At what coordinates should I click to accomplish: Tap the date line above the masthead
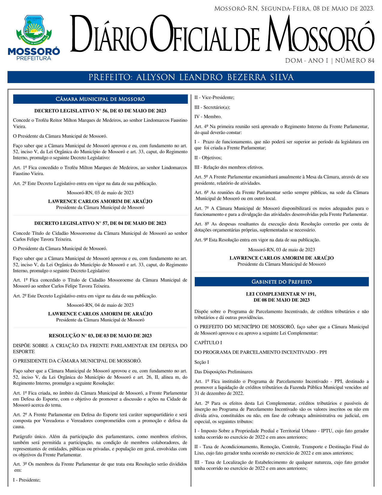click(x=294, y=9)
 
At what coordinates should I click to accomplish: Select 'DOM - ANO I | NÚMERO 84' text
click(x=330, y=61)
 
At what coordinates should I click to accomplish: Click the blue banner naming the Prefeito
click(x=191, y=77)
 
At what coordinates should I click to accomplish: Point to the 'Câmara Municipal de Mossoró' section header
click(x=100, y=99)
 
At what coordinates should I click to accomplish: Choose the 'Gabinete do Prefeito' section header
click(x=281, y=282)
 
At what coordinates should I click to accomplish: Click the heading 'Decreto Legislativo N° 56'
click(x=100, y=111)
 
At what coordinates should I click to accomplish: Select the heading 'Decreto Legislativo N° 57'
click(x=100, y=223)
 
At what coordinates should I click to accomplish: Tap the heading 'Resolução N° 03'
click(x=100, y=336)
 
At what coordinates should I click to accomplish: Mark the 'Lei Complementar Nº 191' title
click(x=281, y=297)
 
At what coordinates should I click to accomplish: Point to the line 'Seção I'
click(x=202, y=362)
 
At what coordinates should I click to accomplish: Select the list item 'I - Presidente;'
click(x=27, y=480)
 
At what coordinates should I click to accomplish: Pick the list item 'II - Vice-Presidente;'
click(x=214, y=97)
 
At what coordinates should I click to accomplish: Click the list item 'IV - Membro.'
click(x=208, y=117)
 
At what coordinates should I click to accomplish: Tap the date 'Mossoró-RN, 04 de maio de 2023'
click(x=100, y=305)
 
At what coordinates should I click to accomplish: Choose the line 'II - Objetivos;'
click(x=208, y=158)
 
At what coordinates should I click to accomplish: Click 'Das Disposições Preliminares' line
click(x=223, y=372)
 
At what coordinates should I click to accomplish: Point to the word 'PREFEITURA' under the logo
click(x=34, y=58)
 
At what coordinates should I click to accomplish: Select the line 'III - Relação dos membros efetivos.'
click(x=229, y=167)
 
